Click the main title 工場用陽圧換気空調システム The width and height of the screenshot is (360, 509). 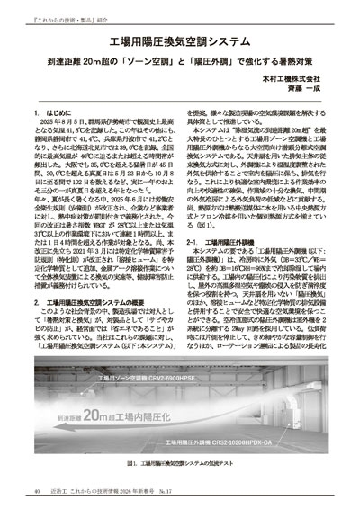pos(180,41)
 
